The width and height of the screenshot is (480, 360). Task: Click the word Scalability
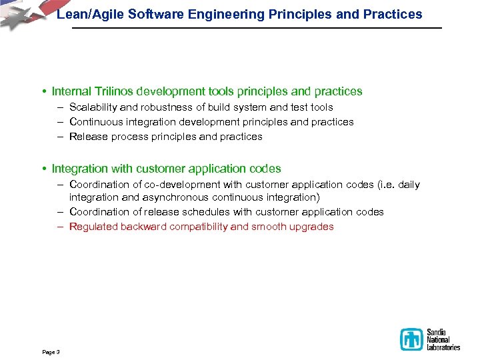(x=93, y=107)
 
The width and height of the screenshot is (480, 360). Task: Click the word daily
(x=409, y=185)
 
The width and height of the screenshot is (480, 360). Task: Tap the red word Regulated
(x=93, y=227)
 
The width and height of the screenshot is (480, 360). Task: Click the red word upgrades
(x=313, y=227)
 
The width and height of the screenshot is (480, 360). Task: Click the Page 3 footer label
(x=51, y=351)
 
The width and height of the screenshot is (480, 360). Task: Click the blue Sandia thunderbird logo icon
(x=411, y=339)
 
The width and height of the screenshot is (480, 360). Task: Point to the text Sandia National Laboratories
(x=443, y=339)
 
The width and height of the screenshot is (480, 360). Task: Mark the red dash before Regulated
(x=60, y=227)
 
